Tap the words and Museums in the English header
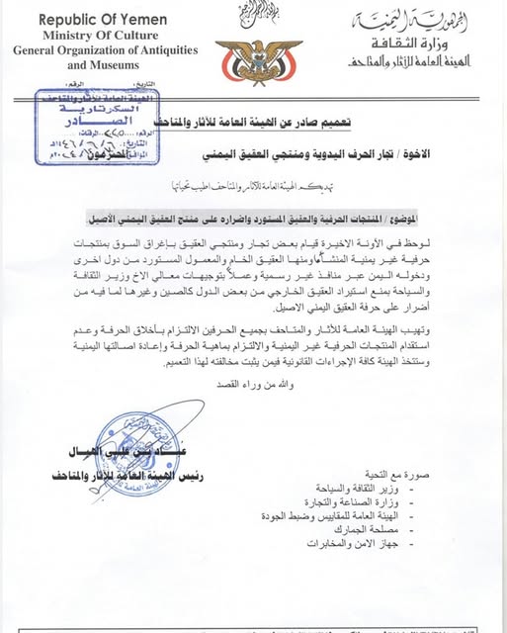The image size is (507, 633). pyautogui.click(x=105, y=65)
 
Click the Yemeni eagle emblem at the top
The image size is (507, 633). pyautogui.click(x=254, y=60)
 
